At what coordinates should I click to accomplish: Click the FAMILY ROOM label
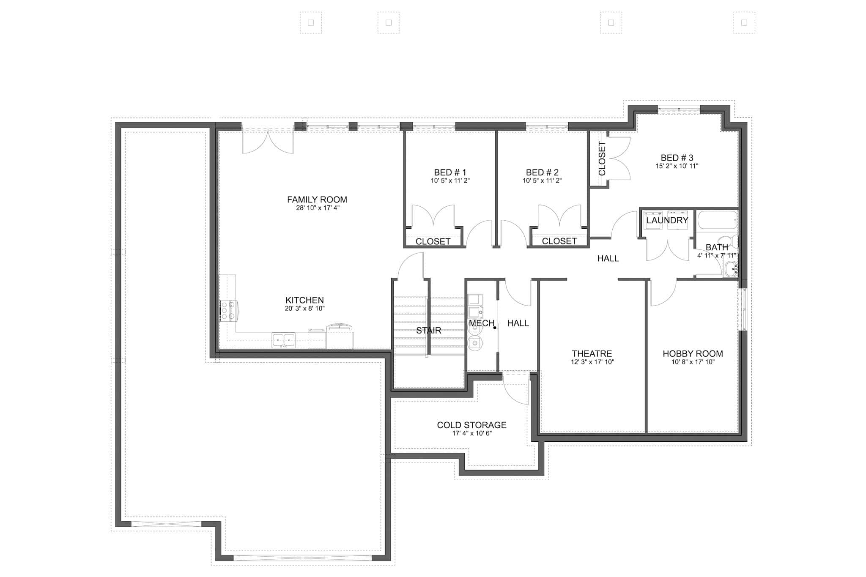(x=317, y=200)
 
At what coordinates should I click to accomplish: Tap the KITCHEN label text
(x=304, y=300)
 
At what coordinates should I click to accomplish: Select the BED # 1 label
(x=450, y=172)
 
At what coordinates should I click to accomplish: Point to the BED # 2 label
(x=542, y=172)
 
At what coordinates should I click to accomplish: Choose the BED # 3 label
(x=677, y=158)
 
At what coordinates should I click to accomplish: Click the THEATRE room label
(x=592, y=353)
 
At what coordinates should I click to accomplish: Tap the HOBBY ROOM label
(x=693, y=353)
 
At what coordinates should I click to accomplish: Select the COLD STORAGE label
(x=471, y=425)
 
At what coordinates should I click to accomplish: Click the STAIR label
(x=428, y=331)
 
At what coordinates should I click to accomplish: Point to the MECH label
(x=481, y=323)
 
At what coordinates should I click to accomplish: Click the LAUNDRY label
(x=667, y=220)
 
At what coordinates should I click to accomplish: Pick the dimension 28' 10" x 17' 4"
(x=317, y=208)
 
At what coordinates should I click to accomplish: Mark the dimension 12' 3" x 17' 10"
(x=592, y=362)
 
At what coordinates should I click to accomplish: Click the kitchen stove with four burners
(x=228, y=311)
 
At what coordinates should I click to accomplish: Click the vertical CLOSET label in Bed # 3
(x=602, y=159)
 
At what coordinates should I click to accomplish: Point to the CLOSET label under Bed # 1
(x=433, y=241)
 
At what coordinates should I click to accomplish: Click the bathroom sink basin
(x=730, y=269)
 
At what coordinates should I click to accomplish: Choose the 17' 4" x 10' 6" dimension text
(x=471, y=433)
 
